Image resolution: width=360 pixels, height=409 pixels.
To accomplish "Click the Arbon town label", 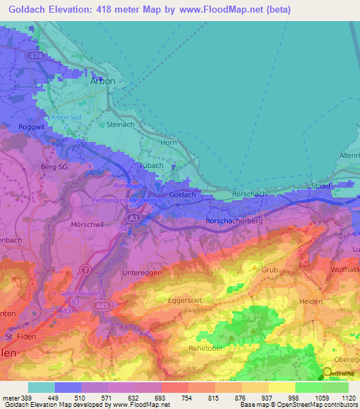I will click(103, 81).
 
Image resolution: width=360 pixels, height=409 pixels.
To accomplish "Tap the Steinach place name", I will click(120, 124).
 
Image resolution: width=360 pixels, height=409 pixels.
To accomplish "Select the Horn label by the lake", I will click(169, 143).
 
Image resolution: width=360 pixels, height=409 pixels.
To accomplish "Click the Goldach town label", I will click(182, 194).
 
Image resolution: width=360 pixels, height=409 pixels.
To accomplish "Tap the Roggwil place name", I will click(21, 127).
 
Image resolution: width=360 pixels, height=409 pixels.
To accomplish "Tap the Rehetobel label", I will click(205, 347).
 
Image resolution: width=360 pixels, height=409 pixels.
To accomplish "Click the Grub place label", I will click(270, 270).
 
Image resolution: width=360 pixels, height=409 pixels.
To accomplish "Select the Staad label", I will click(320, 186).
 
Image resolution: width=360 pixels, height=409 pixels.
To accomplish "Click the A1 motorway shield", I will click(134, 219).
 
